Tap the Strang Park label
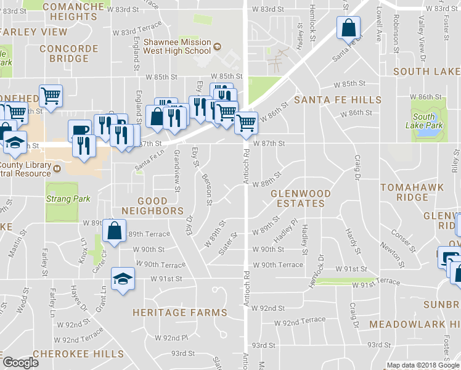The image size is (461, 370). point(68,199)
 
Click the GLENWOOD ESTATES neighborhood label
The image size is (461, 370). point(301,198)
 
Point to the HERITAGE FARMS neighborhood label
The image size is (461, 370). point(175,313)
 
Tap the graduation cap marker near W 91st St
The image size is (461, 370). point(123,278)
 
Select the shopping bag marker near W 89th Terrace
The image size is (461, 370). point(114,231)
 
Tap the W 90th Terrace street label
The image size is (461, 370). point(278,265)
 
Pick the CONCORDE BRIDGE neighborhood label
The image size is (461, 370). point(64,54)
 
